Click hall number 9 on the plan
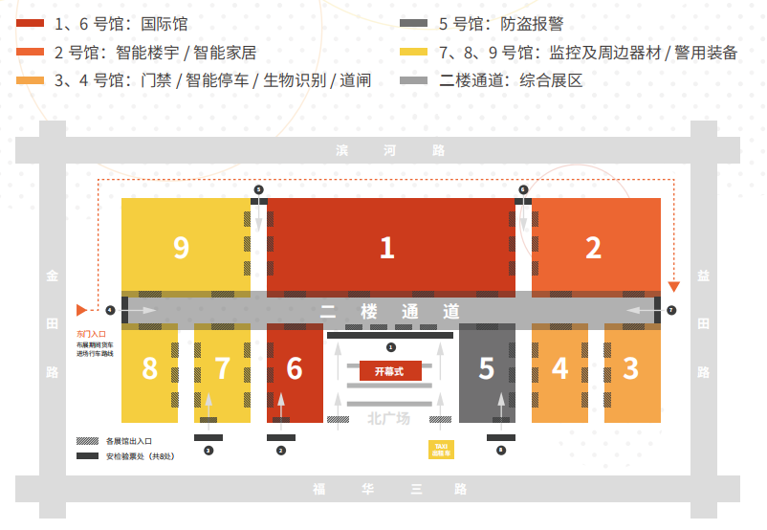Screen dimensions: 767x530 182,248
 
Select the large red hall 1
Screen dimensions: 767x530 387,248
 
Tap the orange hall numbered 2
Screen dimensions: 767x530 594,248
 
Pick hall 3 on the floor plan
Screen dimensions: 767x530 631,369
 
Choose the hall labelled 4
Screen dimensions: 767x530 559,369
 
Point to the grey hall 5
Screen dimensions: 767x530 487,369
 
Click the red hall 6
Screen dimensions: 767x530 295,369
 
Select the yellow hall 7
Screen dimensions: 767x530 222,369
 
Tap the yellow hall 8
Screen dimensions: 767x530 149,369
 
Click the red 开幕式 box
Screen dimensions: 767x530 390,370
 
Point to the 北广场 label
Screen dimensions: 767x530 388,418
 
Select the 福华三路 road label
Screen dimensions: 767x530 388,490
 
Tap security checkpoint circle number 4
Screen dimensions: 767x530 111,311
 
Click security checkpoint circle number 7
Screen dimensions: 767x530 671,311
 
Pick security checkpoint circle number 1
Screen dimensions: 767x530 390,346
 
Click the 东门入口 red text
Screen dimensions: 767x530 91,334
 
